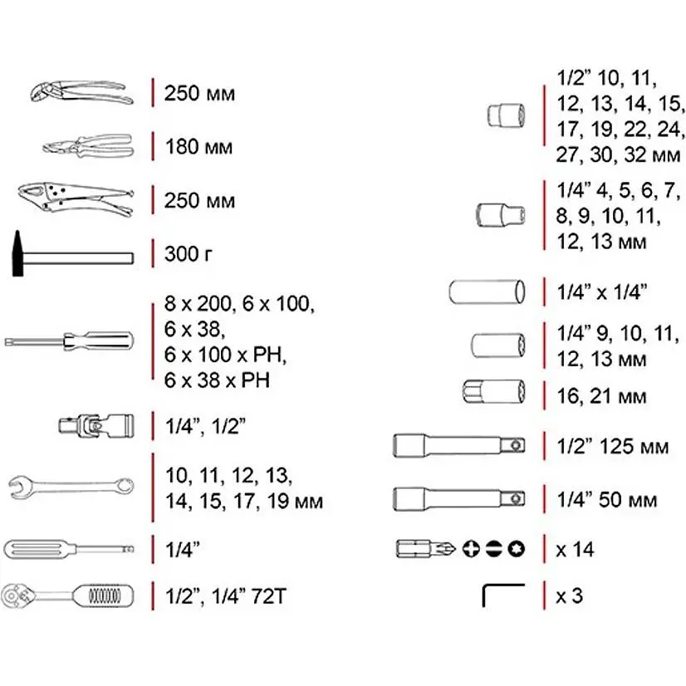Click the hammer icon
coord(72,257)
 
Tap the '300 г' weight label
coord(189,254)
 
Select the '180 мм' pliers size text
coord(198,147)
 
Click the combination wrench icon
coord(71,488)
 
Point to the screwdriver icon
coord(69,341)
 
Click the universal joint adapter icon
coord(96,425)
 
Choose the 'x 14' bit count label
coord(575,550)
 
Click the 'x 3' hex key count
coord(569,595)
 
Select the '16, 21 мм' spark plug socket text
coord(601,396)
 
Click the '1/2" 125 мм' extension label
coord(613,447)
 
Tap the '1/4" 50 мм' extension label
coord(607,500)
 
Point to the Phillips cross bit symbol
coord(471,549)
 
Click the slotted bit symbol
coord(493,549)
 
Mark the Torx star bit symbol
coord(517,549)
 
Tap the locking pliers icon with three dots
coord(76,199)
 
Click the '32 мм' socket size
coord(652,154)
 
